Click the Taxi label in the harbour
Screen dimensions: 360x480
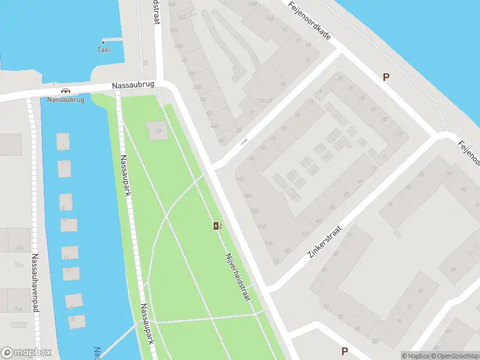click(103, 50)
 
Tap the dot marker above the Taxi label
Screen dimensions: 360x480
click(103, 42)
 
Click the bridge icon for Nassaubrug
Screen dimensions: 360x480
click(65, 91)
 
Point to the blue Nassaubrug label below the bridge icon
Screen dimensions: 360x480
click(65, 100)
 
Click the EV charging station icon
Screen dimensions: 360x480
click(217, 226)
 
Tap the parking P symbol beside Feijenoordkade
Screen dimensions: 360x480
click(386, 77)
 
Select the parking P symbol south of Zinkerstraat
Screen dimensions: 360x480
click(344, 351)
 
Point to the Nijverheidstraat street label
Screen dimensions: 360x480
click(237, 277)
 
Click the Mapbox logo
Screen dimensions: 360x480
click(26, 353)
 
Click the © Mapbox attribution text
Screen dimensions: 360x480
click(415, 356)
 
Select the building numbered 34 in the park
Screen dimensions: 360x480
click(158, 131)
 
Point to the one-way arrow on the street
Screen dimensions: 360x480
click(244, 142)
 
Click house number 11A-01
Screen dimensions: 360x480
click(264, 101)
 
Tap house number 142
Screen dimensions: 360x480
click(241, 179)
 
